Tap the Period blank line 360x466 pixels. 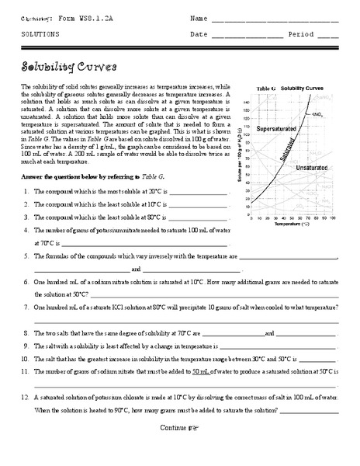click(x=328, y=36)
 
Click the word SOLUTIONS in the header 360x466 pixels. click(x=38, y=35)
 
